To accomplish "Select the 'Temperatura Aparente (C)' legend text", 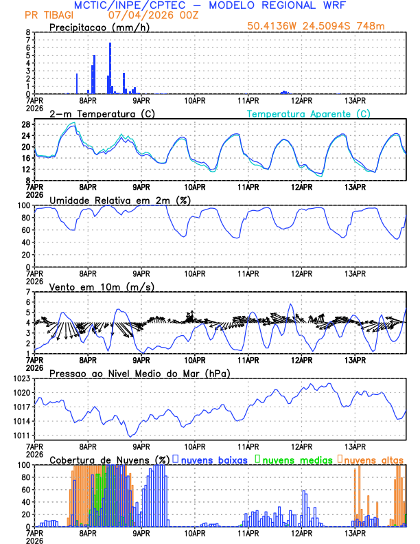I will pos(308,113).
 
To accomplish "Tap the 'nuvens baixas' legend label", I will pos(214,459).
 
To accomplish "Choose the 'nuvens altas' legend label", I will pos(374,459).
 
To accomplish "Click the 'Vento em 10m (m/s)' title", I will pos(102,286).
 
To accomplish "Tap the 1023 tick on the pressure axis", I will pos(22,378).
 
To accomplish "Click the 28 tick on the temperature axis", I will pos(26,124).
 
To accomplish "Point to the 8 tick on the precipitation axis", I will pos(28,32).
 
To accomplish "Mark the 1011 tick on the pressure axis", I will pos(22,435).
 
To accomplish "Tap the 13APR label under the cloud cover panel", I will pos(354,533).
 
